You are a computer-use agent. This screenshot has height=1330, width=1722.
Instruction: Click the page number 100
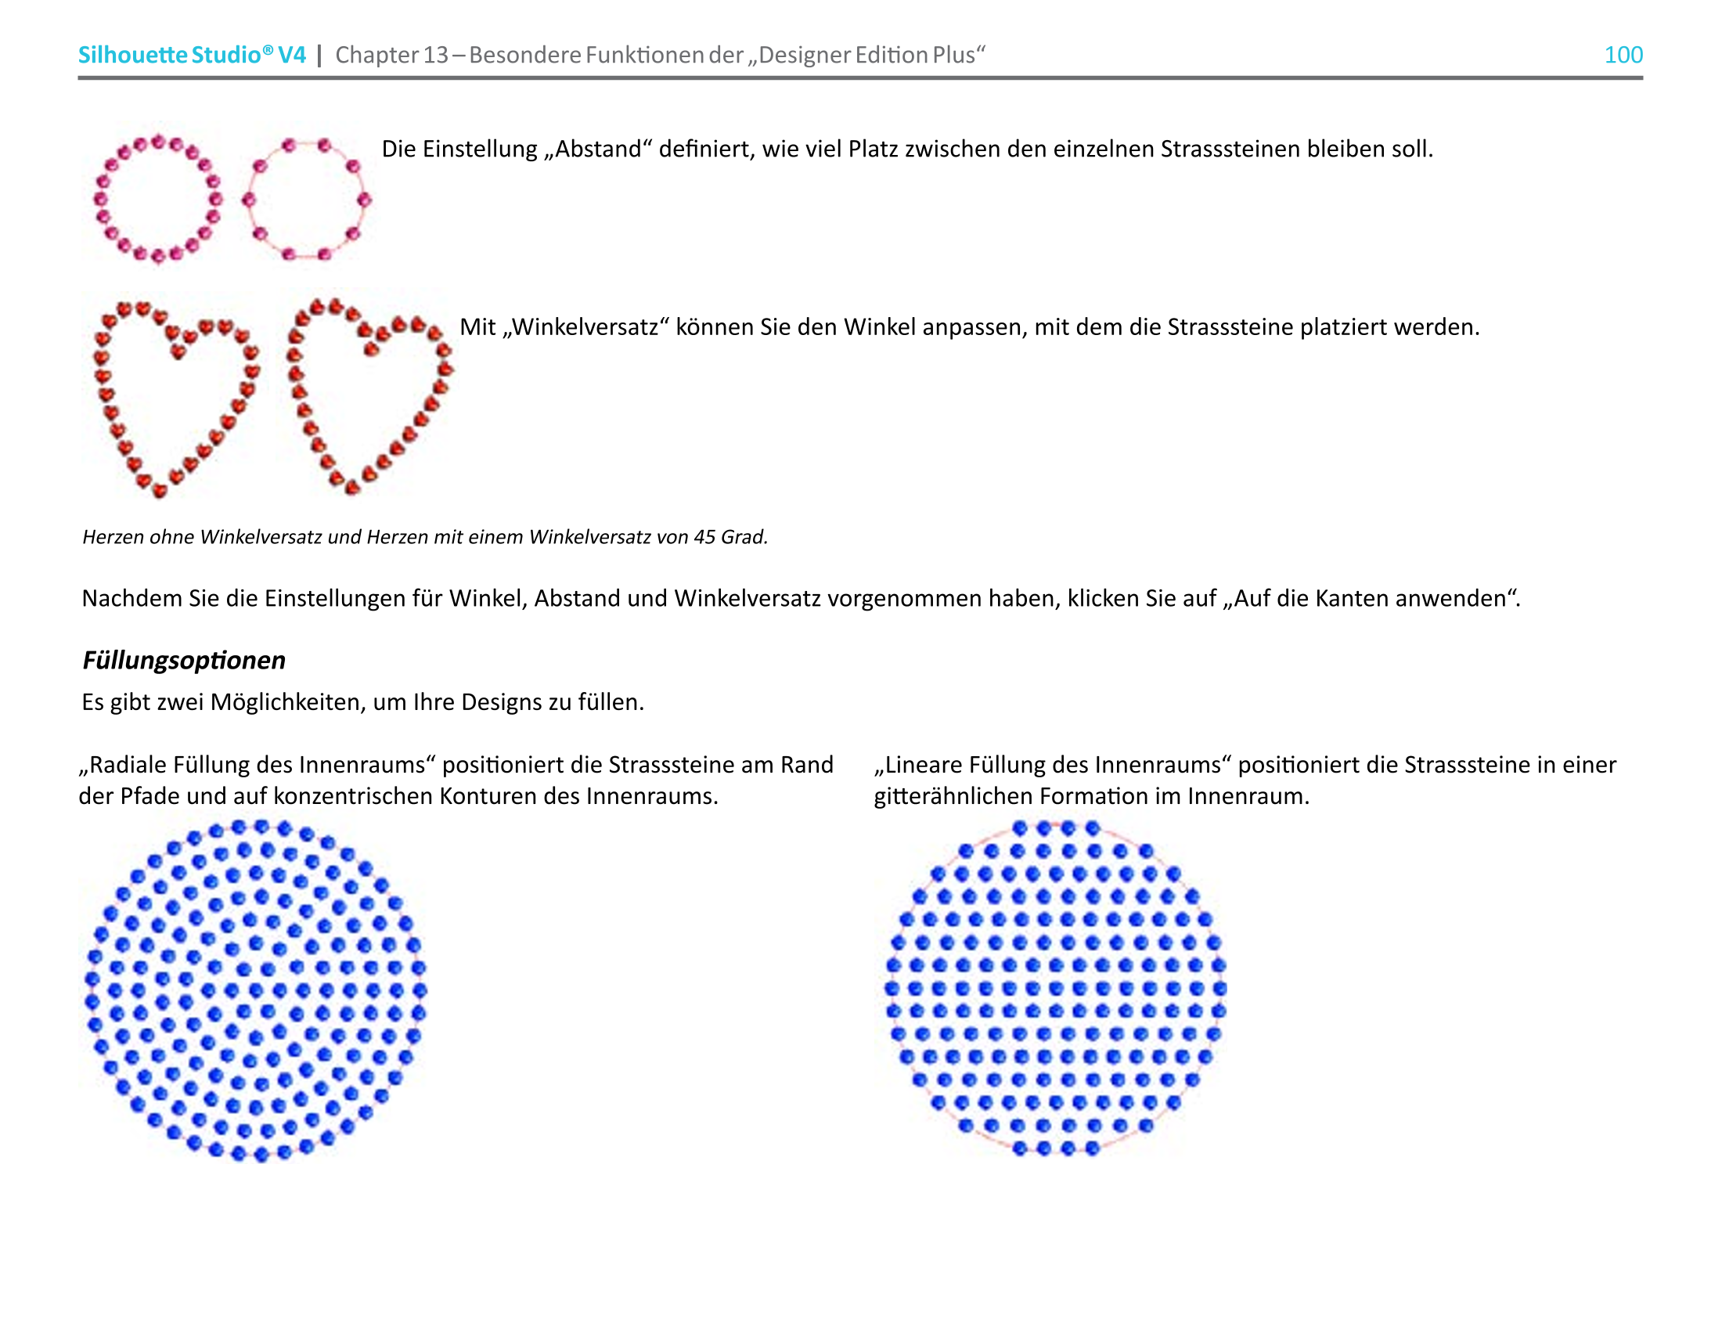pyautogui.click(x=1623, y=54)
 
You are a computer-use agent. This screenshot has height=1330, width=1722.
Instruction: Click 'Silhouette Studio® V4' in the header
pyautogui.click(x=192, y=54)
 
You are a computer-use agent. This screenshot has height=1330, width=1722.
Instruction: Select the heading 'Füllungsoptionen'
pyautogui.click(x=184, y=660)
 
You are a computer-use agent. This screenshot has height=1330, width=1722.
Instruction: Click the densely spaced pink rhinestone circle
pyautogui.click(x=157, y=199)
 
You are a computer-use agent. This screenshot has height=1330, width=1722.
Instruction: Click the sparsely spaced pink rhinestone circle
pyautogui.click(x=306, y=200)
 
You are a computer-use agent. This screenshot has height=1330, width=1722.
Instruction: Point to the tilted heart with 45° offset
pyautogui.click(x=369, y=395)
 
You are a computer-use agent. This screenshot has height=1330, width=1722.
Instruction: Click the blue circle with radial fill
pyautogui.click(x=255, y=990)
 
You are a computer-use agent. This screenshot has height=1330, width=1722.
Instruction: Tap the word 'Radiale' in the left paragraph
pyautogui.click(x=127, y=765)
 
